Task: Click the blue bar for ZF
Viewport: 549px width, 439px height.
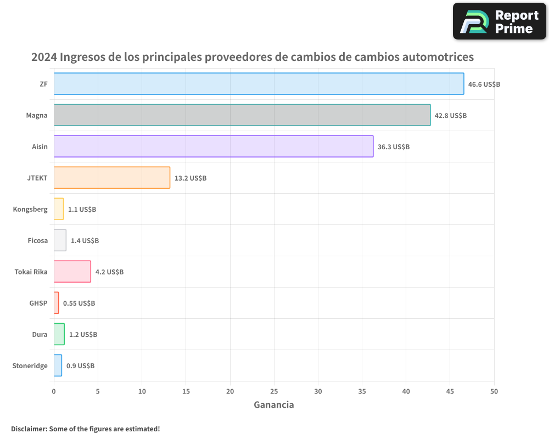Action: (259, 84)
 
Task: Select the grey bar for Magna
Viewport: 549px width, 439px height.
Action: (242, 115)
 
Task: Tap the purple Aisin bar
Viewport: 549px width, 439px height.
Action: (214, 147)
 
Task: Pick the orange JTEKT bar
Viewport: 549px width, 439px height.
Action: (112, 178)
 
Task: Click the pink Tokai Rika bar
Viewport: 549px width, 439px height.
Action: (72, 272)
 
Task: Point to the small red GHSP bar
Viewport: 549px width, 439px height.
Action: (56, 303)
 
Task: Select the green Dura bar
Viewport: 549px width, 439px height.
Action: (59, 334)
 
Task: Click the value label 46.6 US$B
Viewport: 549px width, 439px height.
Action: (484, 85)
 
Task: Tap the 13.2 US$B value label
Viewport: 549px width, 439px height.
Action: (190, 178)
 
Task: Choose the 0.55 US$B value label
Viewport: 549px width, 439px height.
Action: (79, 303)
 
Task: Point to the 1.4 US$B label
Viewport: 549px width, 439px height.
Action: (85, 241)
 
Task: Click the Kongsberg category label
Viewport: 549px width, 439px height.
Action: (30, 210)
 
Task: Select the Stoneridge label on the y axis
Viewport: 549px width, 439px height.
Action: (30, 366)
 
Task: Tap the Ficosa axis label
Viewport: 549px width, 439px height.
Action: (37, 241)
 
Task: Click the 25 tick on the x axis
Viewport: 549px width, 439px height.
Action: (274, 392)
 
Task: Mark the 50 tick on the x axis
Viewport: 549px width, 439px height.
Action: (494, 392)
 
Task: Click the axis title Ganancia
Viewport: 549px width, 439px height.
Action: (274, 405)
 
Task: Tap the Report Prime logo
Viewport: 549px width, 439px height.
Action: (499, 21)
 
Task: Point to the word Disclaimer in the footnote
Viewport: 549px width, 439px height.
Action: (29, 429)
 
